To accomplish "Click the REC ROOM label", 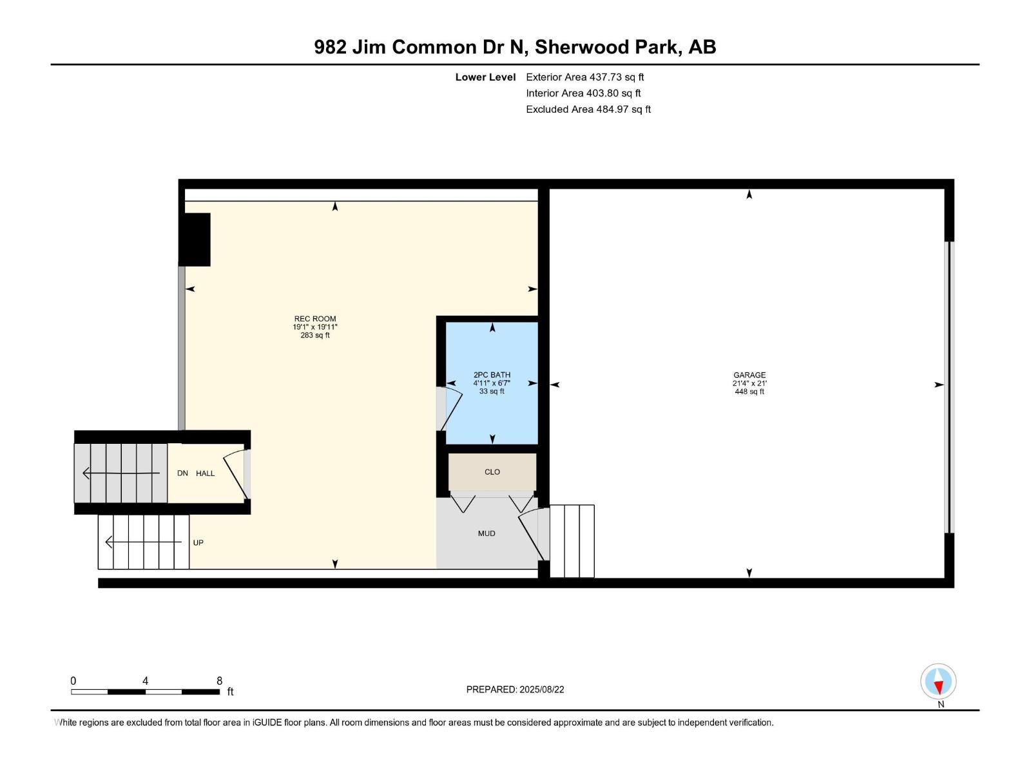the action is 314,319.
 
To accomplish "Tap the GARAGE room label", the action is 749,375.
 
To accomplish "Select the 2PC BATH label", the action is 492,375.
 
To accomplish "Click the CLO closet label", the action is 492,472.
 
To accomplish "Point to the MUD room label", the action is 487,533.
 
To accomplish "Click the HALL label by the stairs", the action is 206,473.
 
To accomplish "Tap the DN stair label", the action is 183,473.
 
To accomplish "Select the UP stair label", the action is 198,542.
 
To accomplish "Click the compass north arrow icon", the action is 938,681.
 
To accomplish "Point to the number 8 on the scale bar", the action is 219,680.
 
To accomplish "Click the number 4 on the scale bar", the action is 146,680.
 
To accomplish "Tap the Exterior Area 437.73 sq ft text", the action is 585,77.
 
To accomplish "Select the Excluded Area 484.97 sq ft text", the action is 588,110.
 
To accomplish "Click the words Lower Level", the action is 485,77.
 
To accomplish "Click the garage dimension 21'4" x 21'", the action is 749,383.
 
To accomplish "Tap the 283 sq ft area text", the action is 315,335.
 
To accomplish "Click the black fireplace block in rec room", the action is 195,240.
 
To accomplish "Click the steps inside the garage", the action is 572,540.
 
